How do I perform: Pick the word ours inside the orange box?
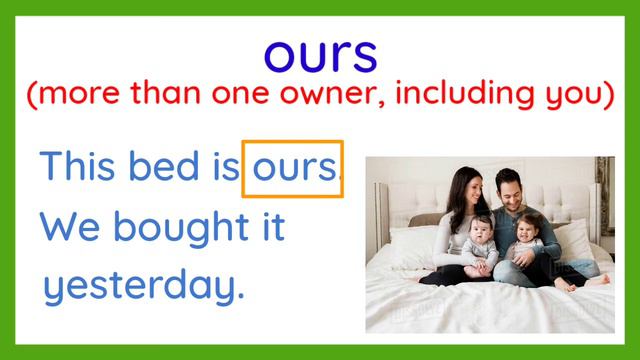tap(293, 167)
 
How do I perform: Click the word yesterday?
tap(143, 287)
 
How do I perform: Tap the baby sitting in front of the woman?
tap(481, 240)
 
